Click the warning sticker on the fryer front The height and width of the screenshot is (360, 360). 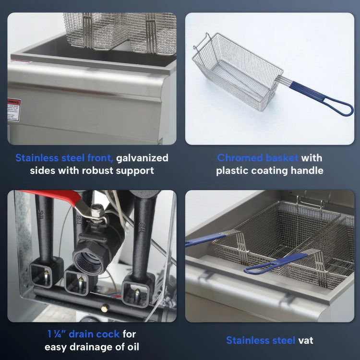coord(13,110)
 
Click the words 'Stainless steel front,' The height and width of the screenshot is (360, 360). coord(64,158)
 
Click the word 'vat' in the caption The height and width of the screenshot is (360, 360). coord(305,340)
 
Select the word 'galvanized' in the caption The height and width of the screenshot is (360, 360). coord(143,158)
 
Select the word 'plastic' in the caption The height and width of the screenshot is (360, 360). coord(232,170)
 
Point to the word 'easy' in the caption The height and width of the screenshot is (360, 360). coord(57,347)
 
